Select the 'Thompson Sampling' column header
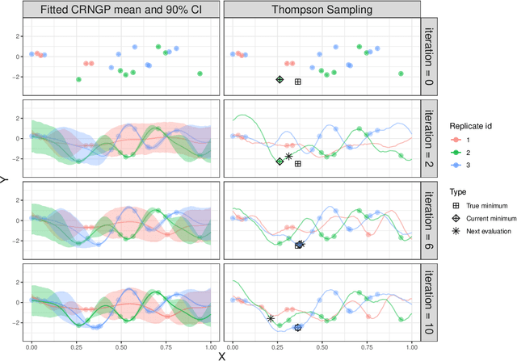[x=321, y=9]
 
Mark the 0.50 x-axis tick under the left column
[x=120, y=346]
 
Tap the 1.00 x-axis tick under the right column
[x=410, y=346]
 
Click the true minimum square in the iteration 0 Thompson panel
[x=297, y=82]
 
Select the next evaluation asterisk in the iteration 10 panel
[x=271, y=318]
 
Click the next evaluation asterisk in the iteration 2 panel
[x=288, y=157]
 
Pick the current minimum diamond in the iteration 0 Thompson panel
[x=280, y=79]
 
